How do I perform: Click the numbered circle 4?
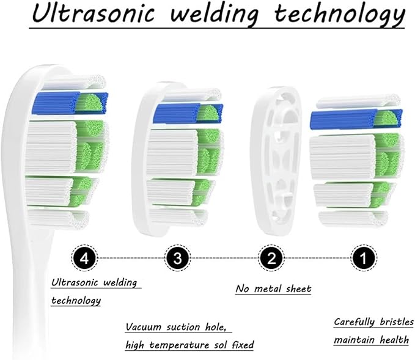84,258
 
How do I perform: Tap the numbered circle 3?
177,258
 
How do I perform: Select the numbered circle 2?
271,258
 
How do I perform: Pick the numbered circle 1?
364,258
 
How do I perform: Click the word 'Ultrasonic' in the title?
93,13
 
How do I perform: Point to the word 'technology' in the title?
340,15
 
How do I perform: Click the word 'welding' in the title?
215,14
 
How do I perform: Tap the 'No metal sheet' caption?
273,288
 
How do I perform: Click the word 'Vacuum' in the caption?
144,327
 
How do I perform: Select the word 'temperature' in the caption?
179,345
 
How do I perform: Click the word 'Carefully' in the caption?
354,322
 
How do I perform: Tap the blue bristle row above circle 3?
188,114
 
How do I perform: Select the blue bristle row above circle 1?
356,120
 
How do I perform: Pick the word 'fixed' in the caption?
243,345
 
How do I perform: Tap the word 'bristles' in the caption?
397,322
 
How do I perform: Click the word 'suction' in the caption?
183,327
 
